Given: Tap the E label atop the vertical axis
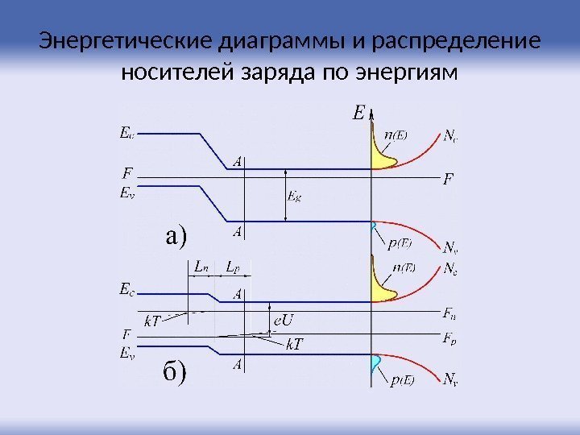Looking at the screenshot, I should [x=358, y=114].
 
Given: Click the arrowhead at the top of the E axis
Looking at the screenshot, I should [x=371, y=110].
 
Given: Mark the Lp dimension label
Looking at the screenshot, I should [x=232, y=265].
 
